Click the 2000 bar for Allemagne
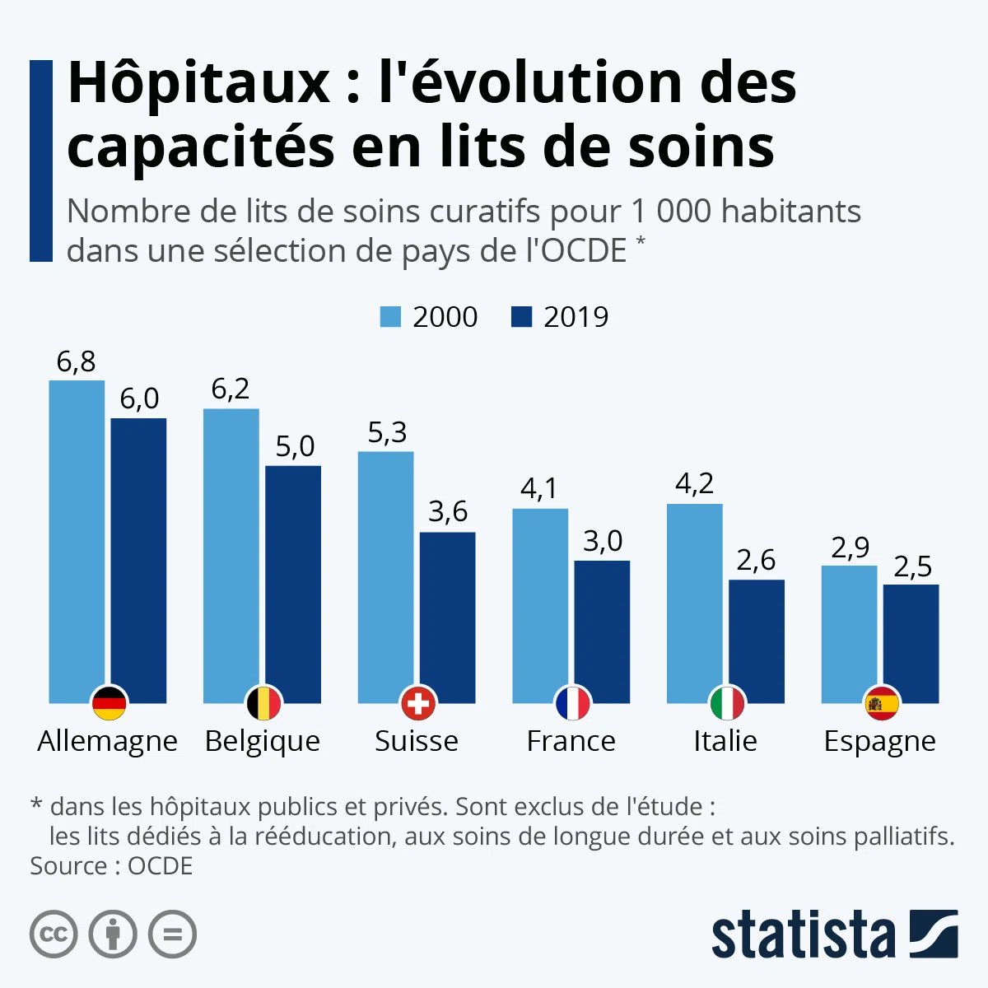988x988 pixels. pos(77,535)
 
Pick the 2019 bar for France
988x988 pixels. pos(602,626)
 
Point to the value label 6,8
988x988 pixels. pos(77,361)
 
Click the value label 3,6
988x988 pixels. pos(448,512)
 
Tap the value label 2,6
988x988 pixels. pos(756,561)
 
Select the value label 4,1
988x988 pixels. pos(539,489)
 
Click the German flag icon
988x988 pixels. pos(109,704)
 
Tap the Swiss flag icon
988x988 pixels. pos(417,704)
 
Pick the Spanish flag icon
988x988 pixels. pos(881,704)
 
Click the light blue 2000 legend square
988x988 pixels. pos(390,317)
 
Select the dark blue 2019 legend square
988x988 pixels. pos(521,317)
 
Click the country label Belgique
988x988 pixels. pos(262,741)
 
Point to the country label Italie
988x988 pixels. pos(725,741)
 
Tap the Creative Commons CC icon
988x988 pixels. pos(54,934)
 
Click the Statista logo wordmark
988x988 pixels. pos(803,935)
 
